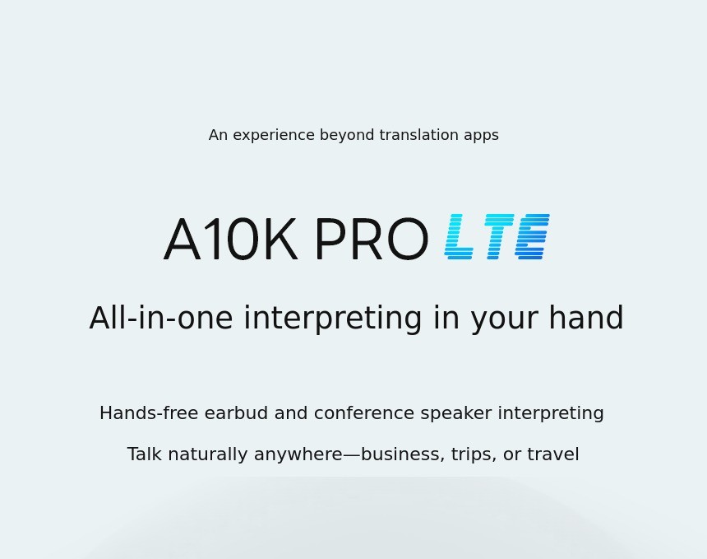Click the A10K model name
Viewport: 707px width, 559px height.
click(230, 240)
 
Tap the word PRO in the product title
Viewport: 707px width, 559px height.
click(371, 240)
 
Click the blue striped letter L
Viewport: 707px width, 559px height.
click(459, 236)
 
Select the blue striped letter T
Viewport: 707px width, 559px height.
click(499, 236)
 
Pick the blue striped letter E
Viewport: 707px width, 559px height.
click(533, 236)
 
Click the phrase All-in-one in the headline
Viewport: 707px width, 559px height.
click(161, 318)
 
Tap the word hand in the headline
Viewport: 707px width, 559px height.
click(586, 318)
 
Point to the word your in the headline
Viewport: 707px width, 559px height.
click(505, 321)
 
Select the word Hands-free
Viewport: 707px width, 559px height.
click(149, 413)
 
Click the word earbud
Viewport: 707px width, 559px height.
click(236, 413)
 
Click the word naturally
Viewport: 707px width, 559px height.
click(207, 454)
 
